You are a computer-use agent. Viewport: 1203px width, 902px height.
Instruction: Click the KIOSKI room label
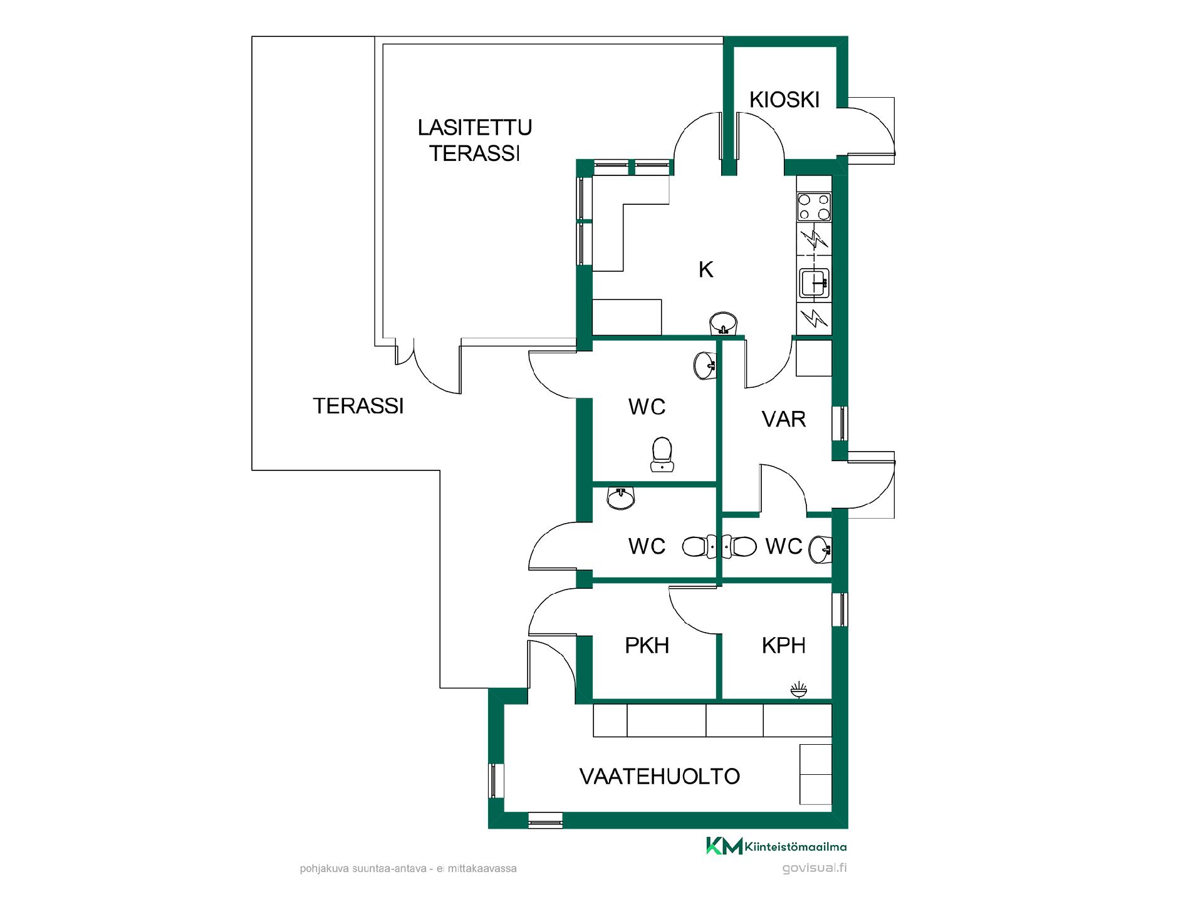point(784,100)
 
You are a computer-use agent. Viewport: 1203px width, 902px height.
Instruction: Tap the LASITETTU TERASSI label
point(475,140)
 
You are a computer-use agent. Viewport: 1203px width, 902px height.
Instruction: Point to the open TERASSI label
point(358,406)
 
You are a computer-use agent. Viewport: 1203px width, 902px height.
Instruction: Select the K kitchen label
point(706,269)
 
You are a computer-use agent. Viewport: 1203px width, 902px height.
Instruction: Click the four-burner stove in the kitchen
point(814,207)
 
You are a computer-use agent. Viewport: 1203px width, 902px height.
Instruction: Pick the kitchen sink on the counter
point(815,283)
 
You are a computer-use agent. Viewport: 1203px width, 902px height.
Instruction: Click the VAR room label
point(784,419)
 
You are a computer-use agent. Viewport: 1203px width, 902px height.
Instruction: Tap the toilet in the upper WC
point(662,454)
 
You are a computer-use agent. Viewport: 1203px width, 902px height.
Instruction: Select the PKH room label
point(647,645)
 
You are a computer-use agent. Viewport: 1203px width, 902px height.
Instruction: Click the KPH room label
point(784,645)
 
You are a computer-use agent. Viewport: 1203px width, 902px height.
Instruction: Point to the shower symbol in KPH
point(798,690)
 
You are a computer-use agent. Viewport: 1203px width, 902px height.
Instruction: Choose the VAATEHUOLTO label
point(660,777)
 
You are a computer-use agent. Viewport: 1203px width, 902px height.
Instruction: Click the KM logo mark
point(724,846)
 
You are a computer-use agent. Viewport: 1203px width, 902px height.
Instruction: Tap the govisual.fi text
point(815,868)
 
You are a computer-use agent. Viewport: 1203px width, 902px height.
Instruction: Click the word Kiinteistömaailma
point(796,847)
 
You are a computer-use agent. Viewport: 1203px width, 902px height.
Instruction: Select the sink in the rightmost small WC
point(820,549)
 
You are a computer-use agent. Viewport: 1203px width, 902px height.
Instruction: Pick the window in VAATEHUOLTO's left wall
point(496,780)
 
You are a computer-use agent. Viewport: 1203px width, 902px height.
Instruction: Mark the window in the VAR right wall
point(840,424)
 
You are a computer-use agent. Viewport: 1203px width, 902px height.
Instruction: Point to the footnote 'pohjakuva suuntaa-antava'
point(363,869)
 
